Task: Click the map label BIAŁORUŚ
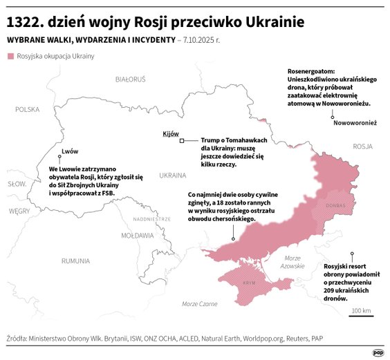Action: (131, 79)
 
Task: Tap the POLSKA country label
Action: (28, 109)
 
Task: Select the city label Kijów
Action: (170, 133)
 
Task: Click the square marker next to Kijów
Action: (182, 141)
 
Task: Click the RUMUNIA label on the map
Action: (75, 260)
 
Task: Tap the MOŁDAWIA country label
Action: (137, 235)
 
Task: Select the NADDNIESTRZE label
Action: (151, 218)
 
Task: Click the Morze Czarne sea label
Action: (199, 303)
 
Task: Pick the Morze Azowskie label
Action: (293, 261)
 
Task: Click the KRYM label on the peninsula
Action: (249, 283)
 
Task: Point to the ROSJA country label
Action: (362, 146)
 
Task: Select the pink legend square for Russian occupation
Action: (10, 55)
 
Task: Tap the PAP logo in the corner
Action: (378, 351)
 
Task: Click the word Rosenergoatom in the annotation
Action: (311, 70)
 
